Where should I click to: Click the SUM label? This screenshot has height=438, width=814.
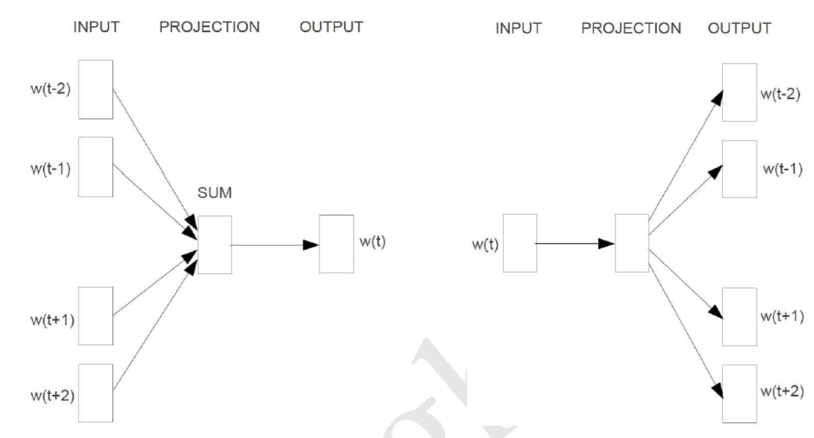215,193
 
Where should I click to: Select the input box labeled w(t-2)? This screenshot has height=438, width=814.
96,90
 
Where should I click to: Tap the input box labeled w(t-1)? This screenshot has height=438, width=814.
96,167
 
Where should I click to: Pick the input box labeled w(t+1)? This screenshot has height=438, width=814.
96,316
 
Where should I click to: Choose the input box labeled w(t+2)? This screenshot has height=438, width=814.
96,393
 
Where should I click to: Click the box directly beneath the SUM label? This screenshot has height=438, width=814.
215,245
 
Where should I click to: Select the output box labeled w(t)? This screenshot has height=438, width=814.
336,244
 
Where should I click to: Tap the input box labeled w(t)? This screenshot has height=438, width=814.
520,243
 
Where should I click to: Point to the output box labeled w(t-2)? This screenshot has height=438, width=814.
739,92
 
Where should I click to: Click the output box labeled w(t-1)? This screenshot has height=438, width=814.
739,169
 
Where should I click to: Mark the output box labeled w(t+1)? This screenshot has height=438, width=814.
739,317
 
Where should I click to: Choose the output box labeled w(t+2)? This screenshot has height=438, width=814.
739,394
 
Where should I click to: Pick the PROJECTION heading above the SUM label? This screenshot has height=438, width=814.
209,27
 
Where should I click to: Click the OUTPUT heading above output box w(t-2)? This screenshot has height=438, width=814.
739,28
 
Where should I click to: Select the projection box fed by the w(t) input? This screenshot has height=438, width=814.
632,243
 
